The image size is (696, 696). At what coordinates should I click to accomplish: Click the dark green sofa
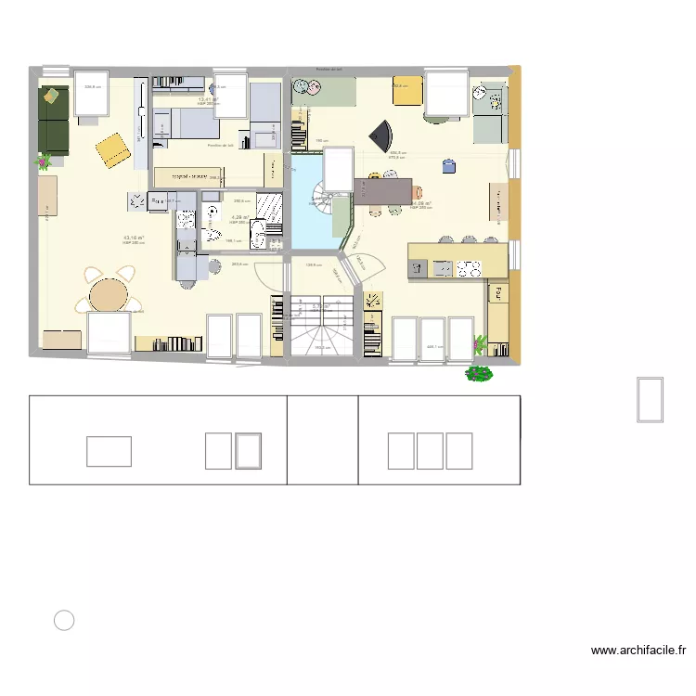(x=53, y=120)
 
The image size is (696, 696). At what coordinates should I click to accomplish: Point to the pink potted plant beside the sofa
(x=43, y=162)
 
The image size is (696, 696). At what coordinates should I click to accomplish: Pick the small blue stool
(x=449, y=166)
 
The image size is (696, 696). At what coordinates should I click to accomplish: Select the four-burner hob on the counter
(x=469, y=269)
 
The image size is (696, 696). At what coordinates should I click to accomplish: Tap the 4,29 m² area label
(x=238, y=218)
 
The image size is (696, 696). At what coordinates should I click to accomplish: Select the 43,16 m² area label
(x=133, y=238)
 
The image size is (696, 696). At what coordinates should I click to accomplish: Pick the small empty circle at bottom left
(x=64, y=621)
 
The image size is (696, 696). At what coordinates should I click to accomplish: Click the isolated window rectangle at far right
(x=650, y=399)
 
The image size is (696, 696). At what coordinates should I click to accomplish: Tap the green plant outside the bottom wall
(x=479, y=374)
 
